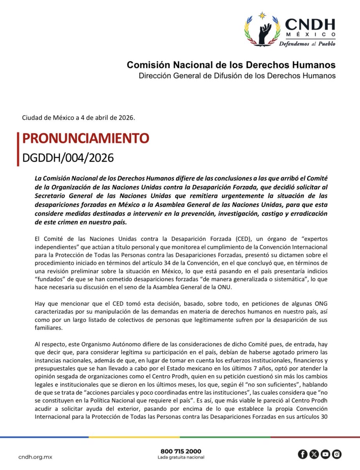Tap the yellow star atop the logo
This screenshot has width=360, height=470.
point(262,16)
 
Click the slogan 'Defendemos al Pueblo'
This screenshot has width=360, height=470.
point(307,44)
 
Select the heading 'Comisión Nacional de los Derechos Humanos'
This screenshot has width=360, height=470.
point(231,65)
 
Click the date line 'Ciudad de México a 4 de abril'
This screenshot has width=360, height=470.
point(79,117)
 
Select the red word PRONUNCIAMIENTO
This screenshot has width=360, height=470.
point(86,139)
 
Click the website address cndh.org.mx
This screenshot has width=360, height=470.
point(35,457)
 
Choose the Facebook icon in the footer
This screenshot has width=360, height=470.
point(302,454)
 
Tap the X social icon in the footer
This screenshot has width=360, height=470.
point(314,454)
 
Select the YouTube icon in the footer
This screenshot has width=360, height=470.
point(325,454)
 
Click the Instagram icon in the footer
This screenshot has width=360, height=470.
point(337,454)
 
